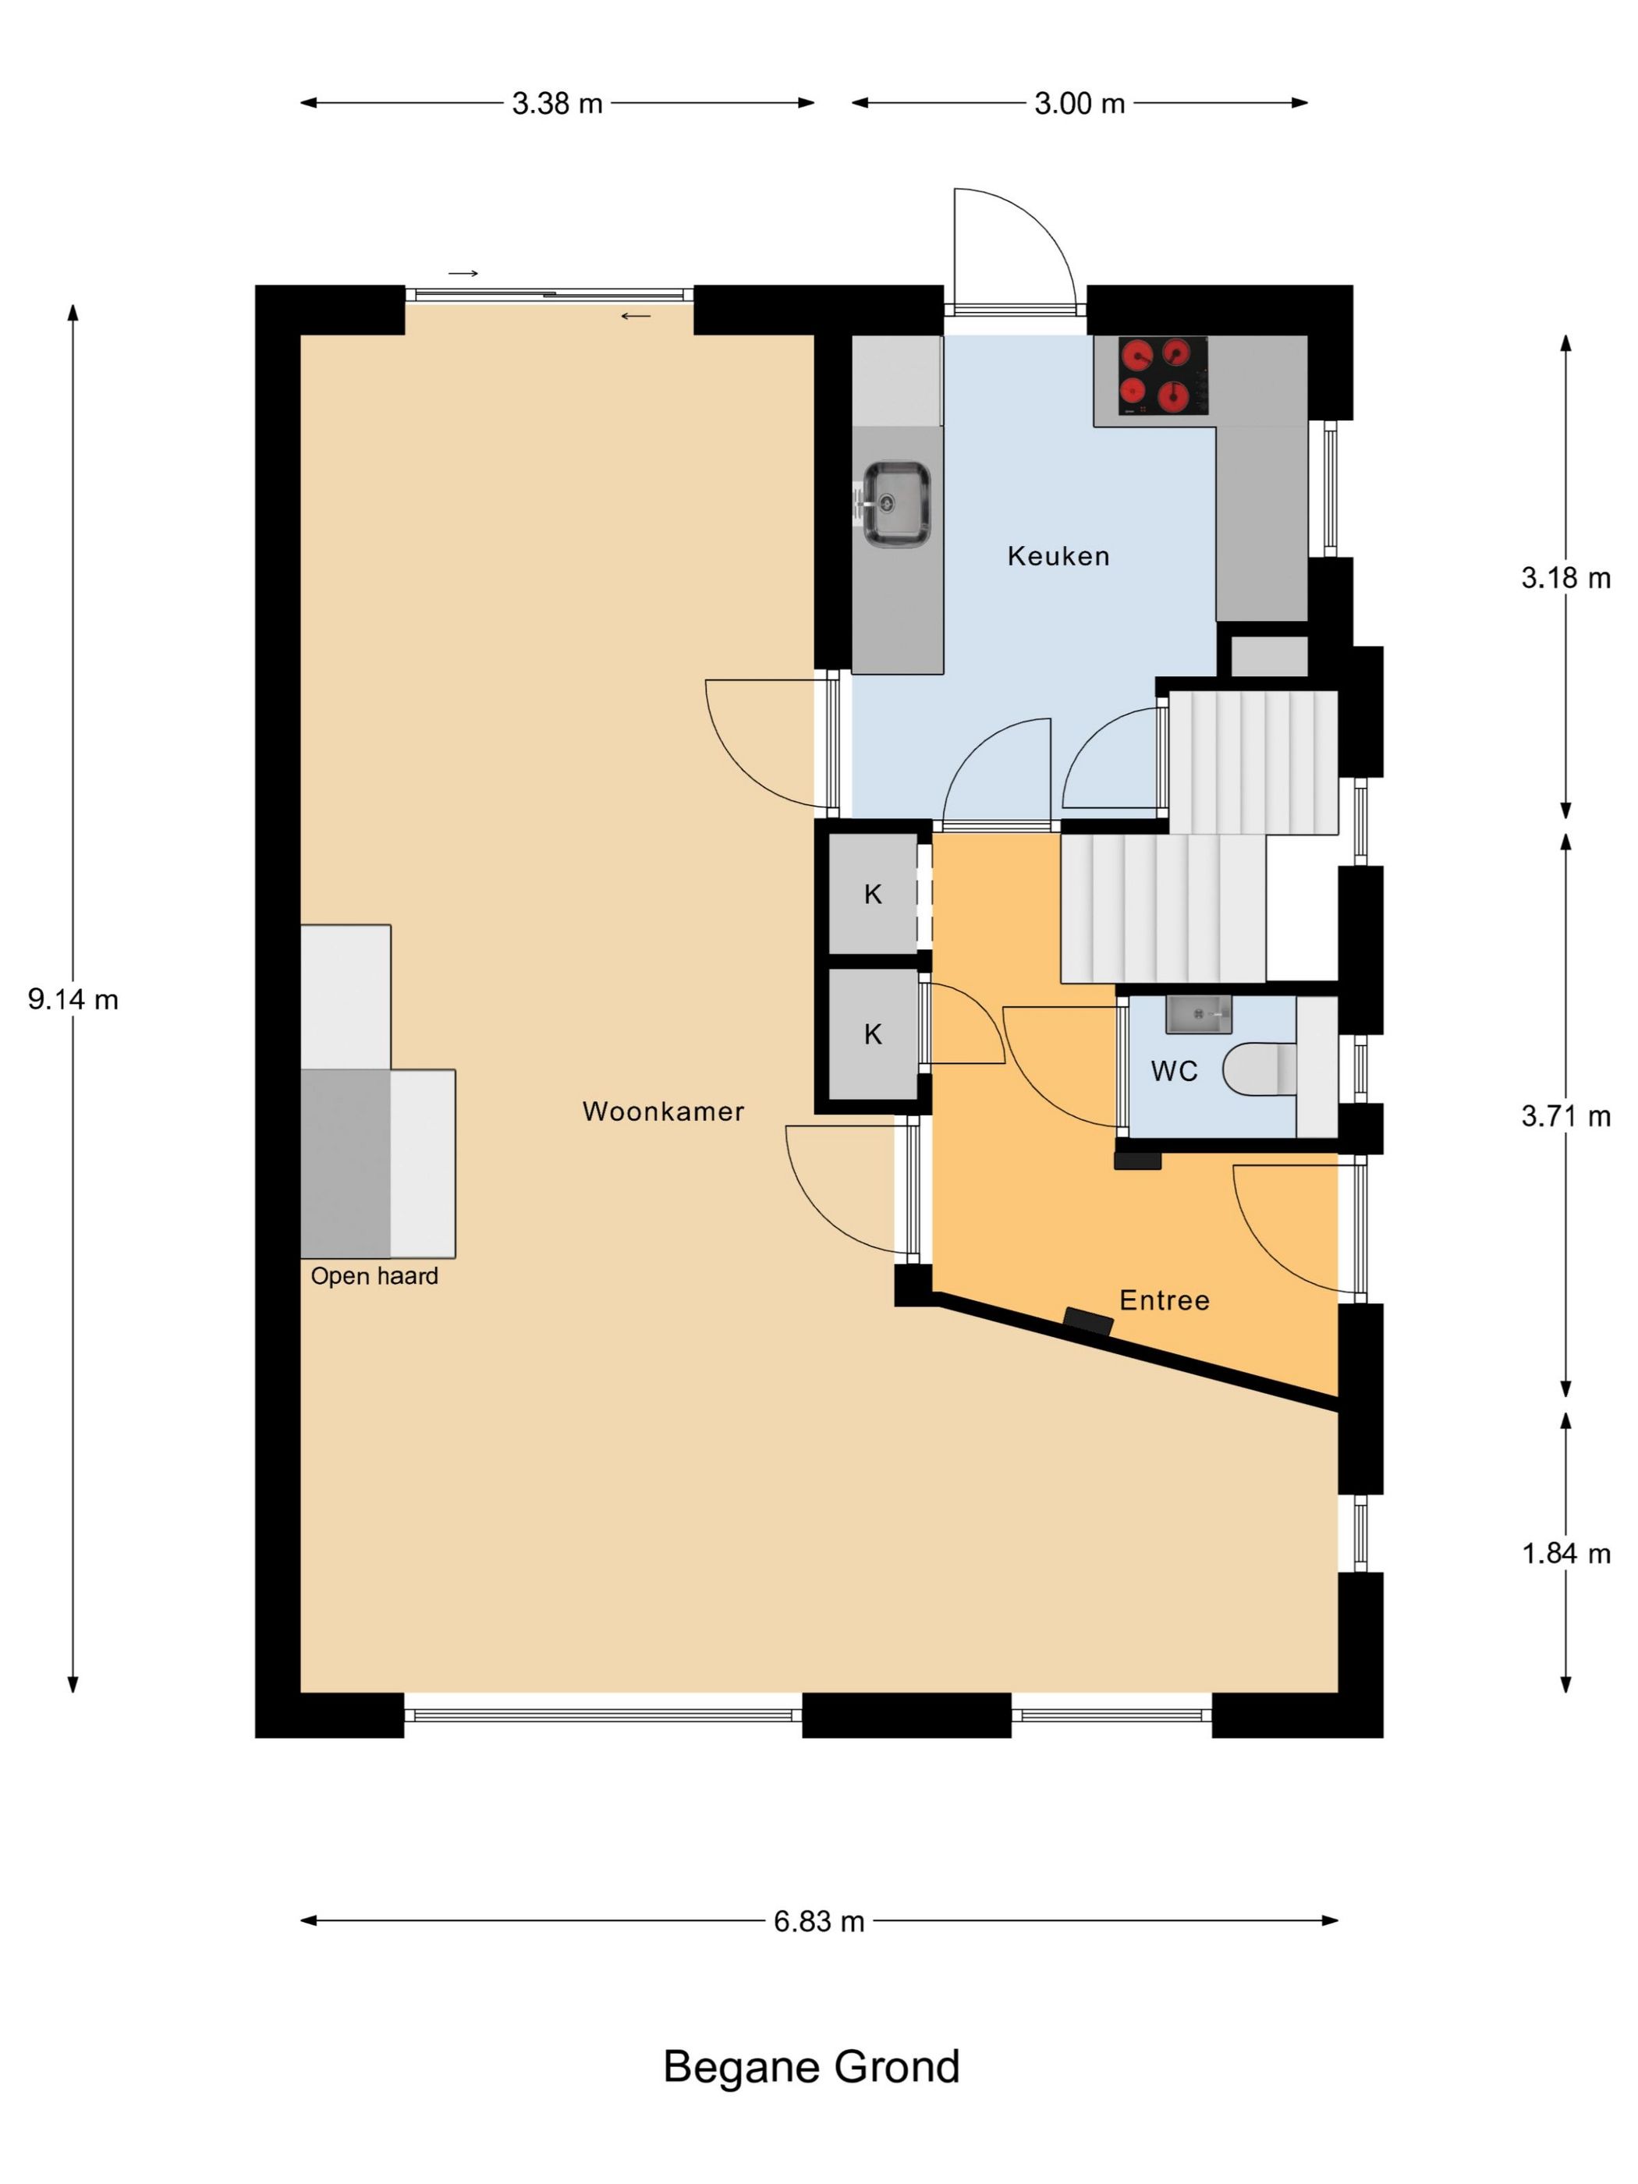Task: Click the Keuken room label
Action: tap(1058, 556)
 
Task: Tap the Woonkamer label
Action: tap(662, 1111)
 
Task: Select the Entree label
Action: tap(1164, 1299)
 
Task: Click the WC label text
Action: tap(1174, 1070)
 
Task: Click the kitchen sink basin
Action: tap(895, 504)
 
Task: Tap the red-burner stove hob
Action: tap(1163, 375)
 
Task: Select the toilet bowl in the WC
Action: tap(1259, 1069)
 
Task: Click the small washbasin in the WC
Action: tap(1197, 1014)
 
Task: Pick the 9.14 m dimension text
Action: tap(73, 999)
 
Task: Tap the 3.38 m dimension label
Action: tap(557, 103)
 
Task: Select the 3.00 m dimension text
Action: tap(1080, 103)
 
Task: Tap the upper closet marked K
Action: tap(873, 894)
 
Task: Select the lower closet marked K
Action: tap(873, 1033)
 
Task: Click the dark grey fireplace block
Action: tap(346, 1163)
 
